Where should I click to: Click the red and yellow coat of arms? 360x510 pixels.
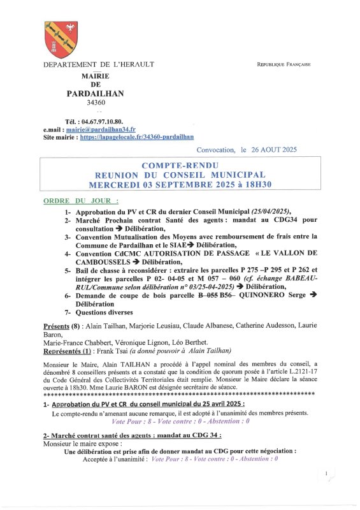[x=61, y=40]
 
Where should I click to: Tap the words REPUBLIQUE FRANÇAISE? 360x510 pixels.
[x=284, y=65]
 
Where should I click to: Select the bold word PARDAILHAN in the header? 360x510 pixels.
[x=96, y=93]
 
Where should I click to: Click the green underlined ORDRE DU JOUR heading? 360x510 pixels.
[x=71, y=200]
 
